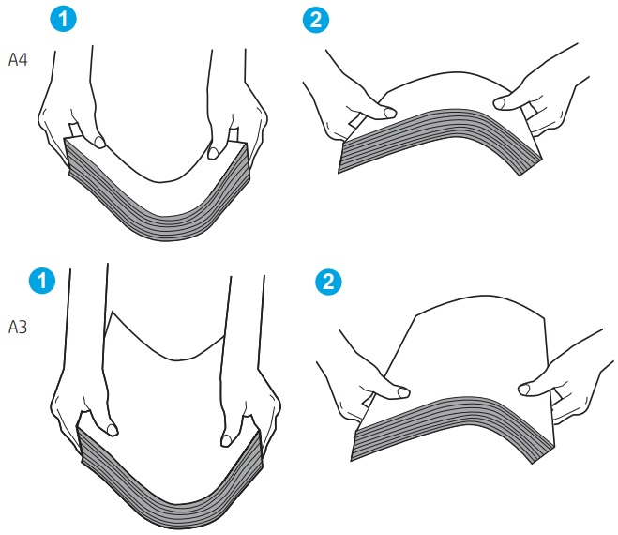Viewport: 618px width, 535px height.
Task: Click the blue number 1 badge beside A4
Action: pos(64,19)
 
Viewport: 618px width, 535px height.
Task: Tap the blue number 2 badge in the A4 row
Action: pos(316,20)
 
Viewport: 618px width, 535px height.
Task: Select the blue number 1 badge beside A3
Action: pos(42,281)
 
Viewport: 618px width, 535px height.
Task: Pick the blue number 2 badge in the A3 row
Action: pos(329,282)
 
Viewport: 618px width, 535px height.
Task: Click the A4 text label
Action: pos(18,60)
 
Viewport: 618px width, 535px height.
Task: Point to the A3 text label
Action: pos(18,327)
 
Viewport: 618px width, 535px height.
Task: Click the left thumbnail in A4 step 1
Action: pos(100,142)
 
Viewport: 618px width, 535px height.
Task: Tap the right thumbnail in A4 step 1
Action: pos(213,153)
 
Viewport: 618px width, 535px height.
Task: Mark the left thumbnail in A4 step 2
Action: pos(390,113)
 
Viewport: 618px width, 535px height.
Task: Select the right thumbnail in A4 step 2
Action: pos(499,104)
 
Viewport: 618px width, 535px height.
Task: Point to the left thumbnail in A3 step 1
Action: pos(113,430)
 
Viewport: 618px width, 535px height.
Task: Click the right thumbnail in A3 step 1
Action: pos(226,440)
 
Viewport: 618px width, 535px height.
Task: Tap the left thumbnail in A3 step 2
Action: pos(403,392)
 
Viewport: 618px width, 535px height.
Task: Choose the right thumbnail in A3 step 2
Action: pos(524,390)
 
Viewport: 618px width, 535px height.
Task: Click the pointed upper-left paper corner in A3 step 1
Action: pos(113,312)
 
